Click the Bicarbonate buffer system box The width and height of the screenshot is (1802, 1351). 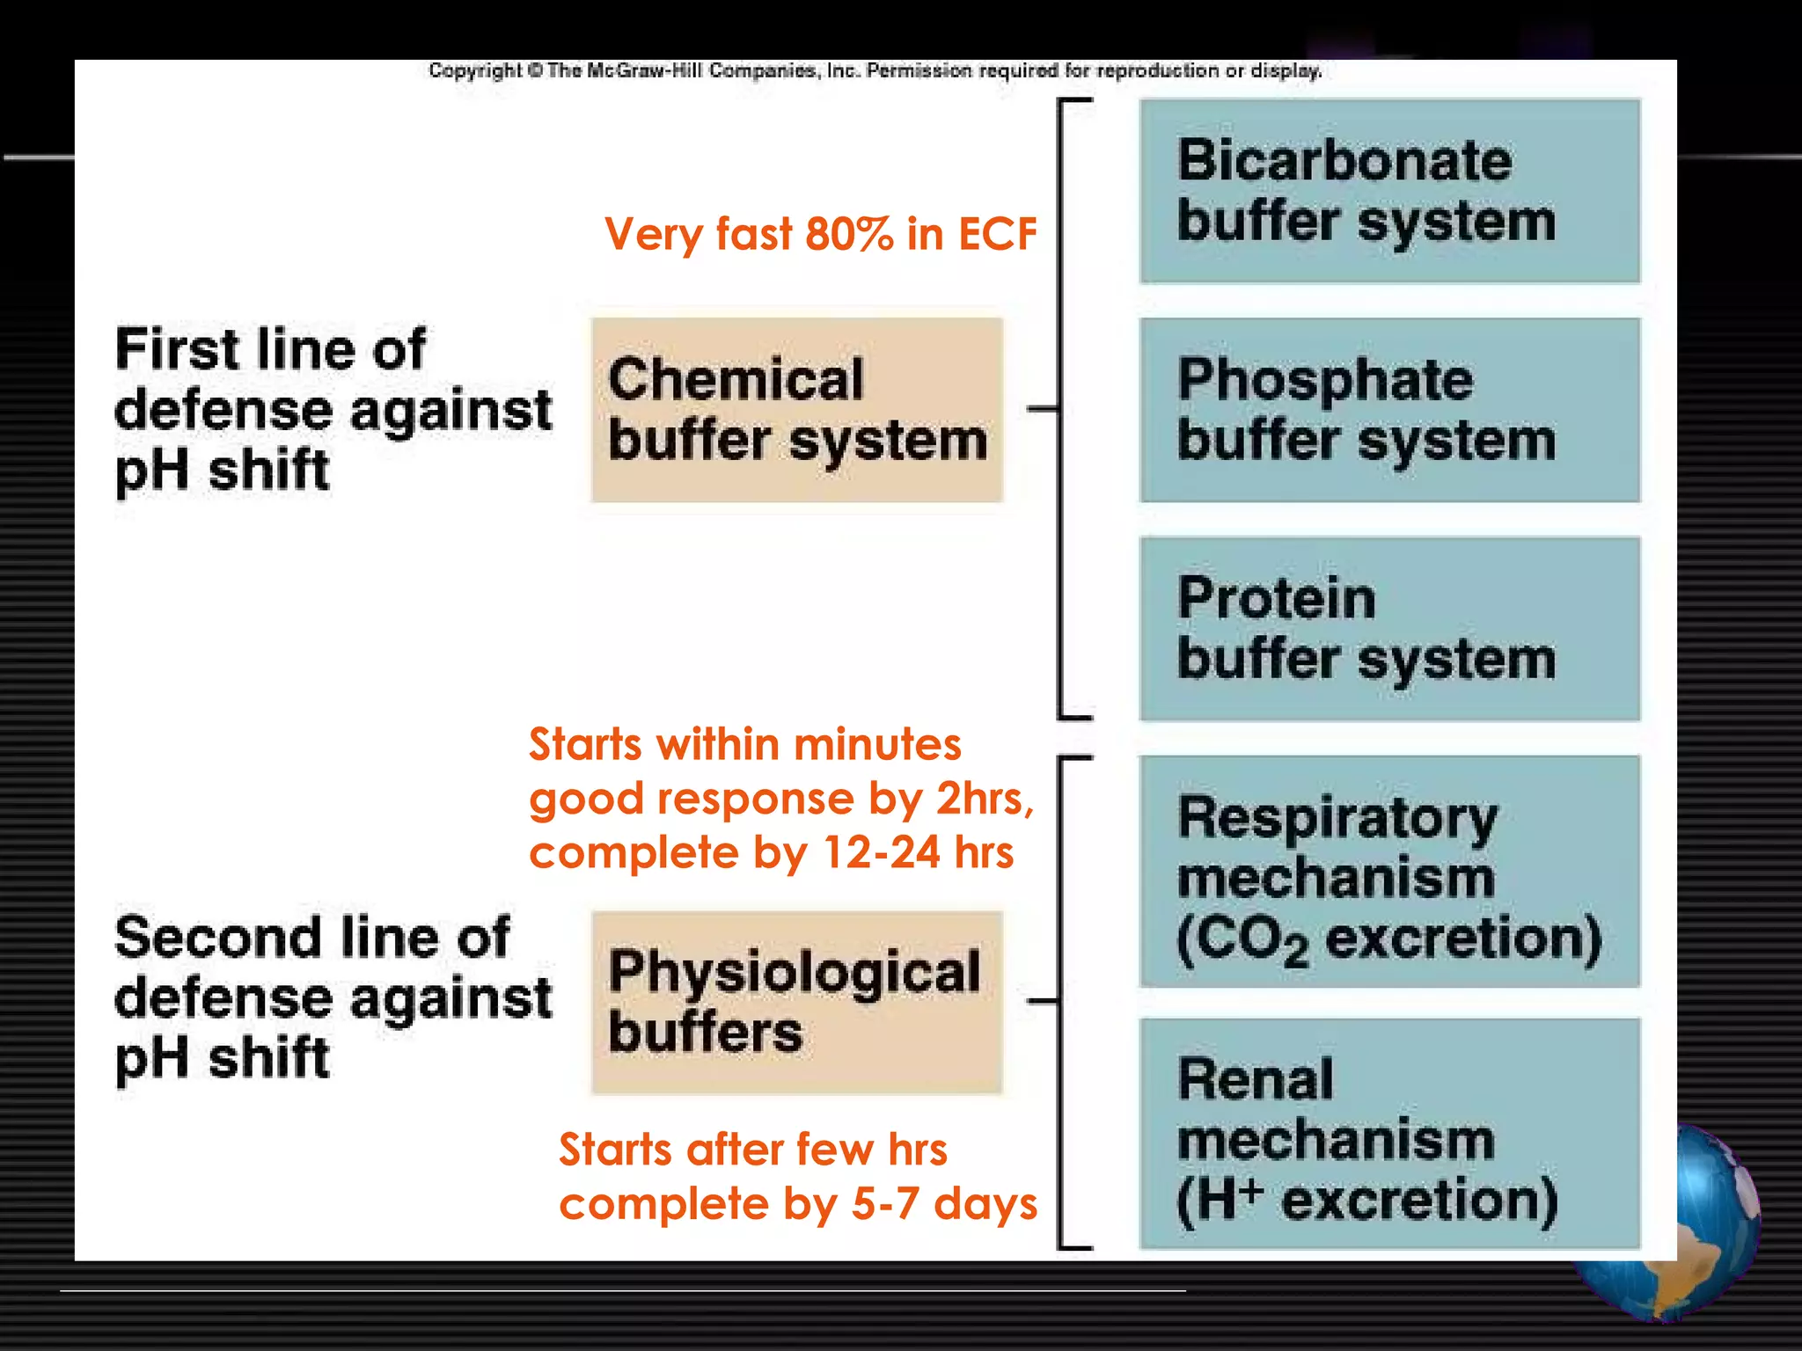coord(1389,191)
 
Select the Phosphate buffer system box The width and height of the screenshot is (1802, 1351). coord(1389,410)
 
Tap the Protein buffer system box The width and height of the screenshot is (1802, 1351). coord(1389,629)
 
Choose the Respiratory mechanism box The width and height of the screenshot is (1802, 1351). coord(1389,871)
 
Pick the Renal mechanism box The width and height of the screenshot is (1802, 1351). coord(1389,1133)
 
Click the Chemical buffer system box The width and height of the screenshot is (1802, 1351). coord(796,410)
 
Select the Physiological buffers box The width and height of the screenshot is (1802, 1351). coord(796,1002)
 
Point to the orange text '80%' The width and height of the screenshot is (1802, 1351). coord(849,235)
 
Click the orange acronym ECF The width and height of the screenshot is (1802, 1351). coord(997,235)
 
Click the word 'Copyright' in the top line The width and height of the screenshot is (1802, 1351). coord(475,70)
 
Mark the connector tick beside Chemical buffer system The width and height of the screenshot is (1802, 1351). coord(1043,408)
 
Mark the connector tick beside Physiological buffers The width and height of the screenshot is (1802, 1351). coord(1043,1001)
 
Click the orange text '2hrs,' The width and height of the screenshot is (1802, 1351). coord(985,799)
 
